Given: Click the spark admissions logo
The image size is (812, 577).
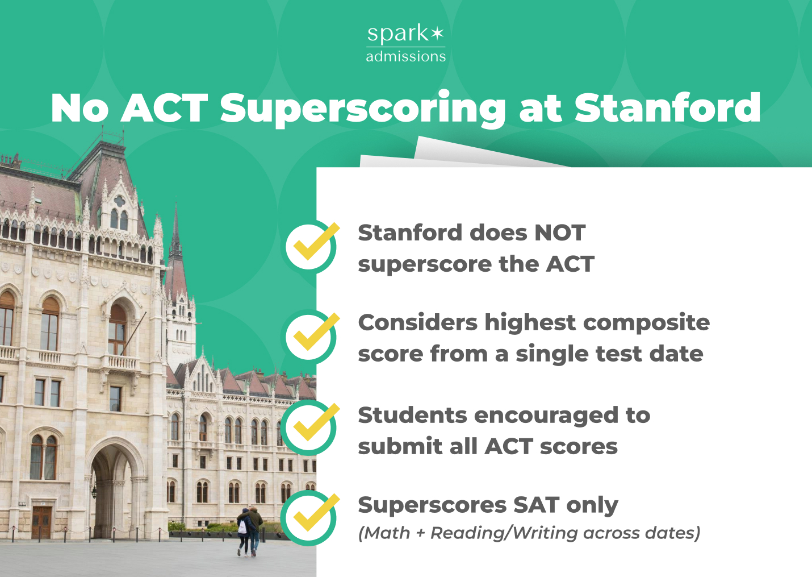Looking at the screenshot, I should (x=405, y=43).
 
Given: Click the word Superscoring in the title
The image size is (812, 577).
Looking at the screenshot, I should (x=362, y=108).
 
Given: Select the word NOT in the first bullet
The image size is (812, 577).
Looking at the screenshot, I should (x=559, y=233).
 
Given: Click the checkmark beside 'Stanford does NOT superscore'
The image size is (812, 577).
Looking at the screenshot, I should (x=311, y=246).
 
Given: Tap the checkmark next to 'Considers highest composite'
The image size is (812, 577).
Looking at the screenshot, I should (x=311, y=337).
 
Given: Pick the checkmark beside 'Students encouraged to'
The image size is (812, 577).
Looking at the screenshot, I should (x=311, y=427).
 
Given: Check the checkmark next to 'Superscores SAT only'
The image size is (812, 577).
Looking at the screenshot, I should (x=311, y=517).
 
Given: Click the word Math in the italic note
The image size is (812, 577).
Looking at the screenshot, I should (x=387, y=533).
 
